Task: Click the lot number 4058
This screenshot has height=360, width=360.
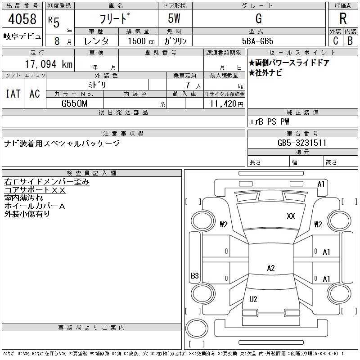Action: pyautogui.click(x=22, y=20)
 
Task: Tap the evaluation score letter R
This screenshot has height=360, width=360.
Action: pyautogui.click(x=343, y=19)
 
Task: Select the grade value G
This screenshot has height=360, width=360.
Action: pyautogui.click(x=258, y=19)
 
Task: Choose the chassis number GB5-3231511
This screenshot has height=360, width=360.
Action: pyautogui.click(x=302, y=143)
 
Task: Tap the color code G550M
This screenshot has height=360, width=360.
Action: pyautogui.click(x=74, y=103)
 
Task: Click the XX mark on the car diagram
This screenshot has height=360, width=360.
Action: pyautogui.click(x=291, y=216)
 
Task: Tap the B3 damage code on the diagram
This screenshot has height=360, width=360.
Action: pyautogui.click(x=195, y=276)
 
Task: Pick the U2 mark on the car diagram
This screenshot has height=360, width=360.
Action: pyautogui.click(x=253, y=299)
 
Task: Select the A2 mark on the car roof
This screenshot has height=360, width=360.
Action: pyautogui.click(x=270, y=268)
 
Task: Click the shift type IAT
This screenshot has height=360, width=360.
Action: pyautogui.click(x=13, y=94)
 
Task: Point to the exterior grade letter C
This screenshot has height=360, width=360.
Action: pyautogui.click(x=335, y=40)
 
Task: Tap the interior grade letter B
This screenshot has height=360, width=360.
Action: pyautogui.click(x=350, y=40)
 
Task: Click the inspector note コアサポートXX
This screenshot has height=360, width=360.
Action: pyautogui.click(x=35, y=190)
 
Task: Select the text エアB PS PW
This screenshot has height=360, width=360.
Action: pyautogui.click(x=270, y=121)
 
